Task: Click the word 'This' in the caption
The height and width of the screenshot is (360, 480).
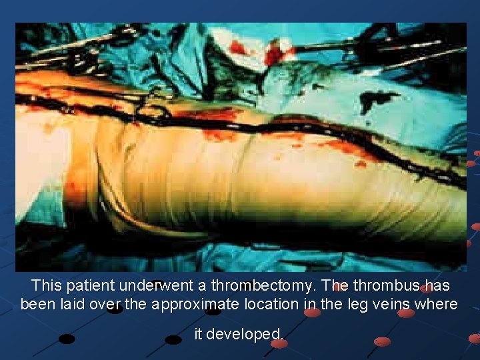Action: pos(47,286)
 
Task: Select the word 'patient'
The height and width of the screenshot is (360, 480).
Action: pos(90,286)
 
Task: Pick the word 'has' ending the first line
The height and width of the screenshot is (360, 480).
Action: pos(437,286)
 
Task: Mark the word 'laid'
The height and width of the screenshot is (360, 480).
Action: pos(73,305)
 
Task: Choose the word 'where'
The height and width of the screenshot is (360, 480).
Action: pos(437,305)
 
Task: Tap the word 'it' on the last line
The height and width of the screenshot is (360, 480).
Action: pos(198,334)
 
